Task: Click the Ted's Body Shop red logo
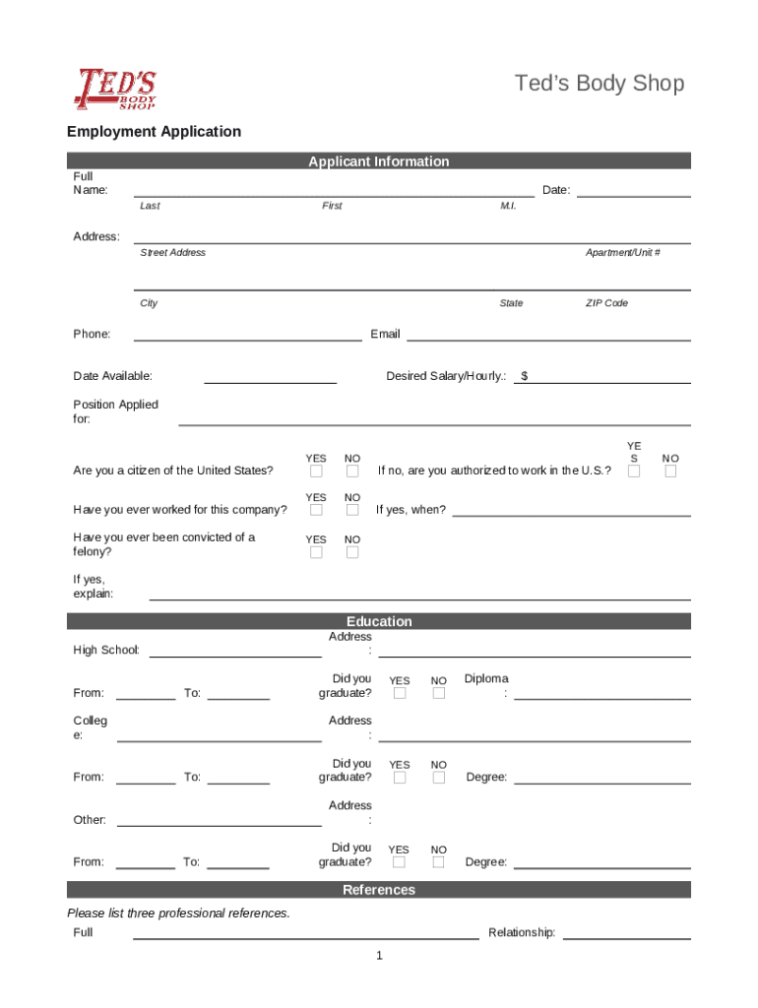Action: coord(115,89)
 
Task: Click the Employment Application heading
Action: coord(154,132)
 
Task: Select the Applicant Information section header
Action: coord(378,161)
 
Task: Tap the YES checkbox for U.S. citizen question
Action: coord(316,472)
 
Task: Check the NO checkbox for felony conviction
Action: coord(352,553)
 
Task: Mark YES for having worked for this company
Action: coord(316,510)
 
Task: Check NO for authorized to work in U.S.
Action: coord(670,472)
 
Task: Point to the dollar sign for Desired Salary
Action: coord(525,376)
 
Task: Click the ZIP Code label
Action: coord(606,303)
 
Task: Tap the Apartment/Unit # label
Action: coord(622,253)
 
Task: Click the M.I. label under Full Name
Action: coord(508,206)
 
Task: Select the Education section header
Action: coord(378,621)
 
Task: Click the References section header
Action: coord(378,890)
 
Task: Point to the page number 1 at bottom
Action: coord(379,956)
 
